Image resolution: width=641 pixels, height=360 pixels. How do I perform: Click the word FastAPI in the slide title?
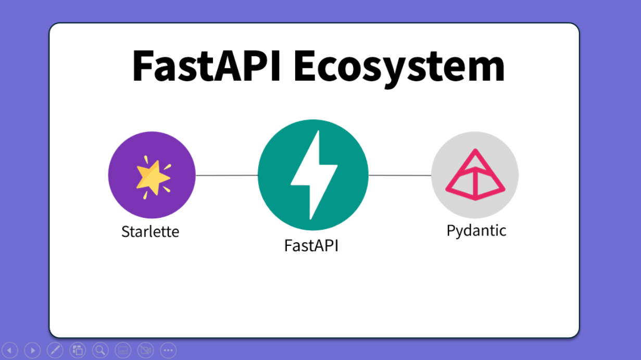[206, 66]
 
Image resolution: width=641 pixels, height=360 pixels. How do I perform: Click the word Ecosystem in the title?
[399, 69]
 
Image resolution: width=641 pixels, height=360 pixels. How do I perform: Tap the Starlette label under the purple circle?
[150, 231]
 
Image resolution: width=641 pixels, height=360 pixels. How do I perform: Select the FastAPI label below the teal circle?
[311, 245]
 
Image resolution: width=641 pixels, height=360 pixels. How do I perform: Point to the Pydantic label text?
[476, 231]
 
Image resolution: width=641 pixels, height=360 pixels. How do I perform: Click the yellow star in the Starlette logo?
[153, 177]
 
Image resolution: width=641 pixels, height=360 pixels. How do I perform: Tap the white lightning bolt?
[314, 175]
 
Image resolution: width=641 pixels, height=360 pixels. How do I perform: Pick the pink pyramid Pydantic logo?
[475, 175]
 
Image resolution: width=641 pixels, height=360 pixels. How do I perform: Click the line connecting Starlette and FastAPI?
[227, 175]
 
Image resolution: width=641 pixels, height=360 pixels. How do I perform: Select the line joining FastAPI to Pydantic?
[400, 175]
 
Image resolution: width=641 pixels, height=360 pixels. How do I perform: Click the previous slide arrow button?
[10, 350]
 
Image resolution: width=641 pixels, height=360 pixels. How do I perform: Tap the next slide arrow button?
[32, 350]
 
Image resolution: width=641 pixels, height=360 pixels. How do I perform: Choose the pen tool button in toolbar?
[55, 350]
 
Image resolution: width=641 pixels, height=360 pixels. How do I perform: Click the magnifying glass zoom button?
[100, 350]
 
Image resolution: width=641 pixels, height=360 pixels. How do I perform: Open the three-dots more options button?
[168, 350]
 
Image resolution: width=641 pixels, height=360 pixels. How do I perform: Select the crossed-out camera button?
[146, 350]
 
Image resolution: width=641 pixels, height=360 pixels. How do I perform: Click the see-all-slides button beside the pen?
[78, 350]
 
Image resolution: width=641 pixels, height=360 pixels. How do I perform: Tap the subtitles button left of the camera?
[123, 350]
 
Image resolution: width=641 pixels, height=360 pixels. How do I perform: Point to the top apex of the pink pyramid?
[475, 150]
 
